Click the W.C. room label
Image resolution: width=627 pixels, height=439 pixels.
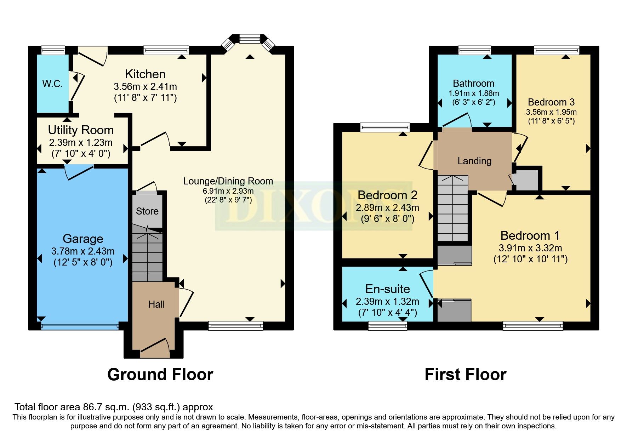(x=52, y=84)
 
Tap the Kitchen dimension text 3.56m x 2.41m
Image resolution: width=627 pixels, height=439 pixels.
(x=145, y=86)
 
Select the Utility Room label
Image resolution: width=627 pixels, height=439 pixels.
(x=81, y=130)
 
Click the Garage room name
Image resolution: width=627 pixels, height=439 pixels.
(x=83, y=239)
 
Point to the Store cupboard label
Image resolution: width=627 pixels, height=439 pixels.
(x=147, y=211)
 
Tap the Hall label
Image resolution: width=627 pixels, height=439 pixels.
(x=156, y=304)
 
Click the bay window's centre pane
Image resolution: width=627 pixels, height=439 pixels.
(x=250, y=38)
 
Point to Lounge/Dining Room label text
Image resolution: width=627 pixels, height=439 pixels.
(x=228, y=181)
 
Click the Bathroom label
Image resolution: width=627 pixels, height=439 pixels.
(x=473, y=84)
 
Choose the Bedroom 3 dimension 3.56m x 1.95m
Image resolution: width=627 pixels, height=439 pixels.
(x=551, y=112)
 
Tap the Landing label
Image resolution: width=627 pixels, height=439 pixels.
(x=474, y=161)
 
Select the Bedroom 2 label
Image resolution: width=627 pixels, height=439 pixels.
(x=387, y=195)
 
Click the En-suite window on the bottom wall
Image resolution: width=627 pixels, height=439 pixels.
(x=388, y=325)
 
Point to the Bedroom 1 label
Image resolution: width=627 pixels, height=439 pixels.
(x=530, y=235)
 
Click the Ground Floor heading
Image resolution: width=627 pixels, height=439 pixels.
(x=160, y=375)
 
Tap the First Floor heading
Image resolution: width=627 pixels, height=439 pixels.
(x=465, y=375)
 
